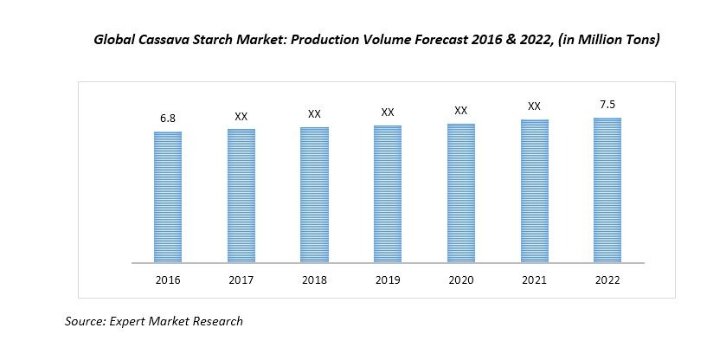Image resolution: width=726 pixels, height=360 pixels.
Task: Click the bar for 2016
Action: [168, 196]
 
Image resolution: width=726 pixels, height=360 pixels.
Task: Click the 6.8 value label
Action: [168, 116]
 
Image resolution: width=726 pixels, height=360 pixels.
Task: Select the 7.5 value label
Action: [607, 104]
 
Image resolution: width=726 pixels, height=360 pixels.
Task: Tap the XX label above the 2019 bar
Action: [388, 112]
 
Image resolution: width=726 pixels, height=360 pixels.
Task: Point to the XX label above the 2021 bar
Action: [534, 106]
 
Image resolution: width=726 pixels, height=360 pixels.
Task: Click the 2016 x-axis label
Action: [168, 280]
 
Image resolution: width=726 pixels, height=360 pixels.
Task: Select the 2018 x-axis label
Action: [315, 280]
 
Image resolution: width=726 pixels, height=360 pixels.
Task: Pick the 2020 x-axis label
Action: [461, 280]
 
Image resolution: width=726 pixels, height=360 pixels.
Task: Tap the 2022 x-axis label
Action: [607, 280]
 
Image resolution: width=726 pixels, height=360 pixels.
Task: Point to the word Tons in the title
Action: [641, 40]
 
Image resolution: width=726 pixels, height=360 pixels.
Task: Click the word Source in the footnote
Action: [85, 321]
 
